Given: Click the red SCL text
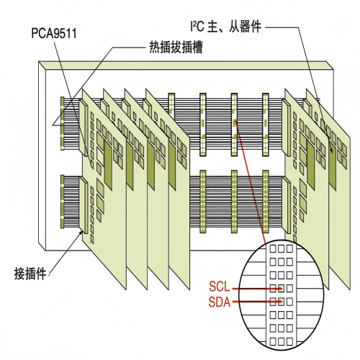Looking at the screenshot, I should [219, 288].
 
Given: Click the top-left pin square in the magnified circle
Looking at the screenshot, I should [274, 248].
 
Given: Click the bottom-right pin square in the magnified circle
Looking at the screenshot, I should [289, 338].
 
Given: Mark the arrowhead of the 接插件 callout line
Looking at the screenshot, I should [78, 234].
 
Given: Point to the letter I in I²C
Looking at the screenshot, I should [191, 28].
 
